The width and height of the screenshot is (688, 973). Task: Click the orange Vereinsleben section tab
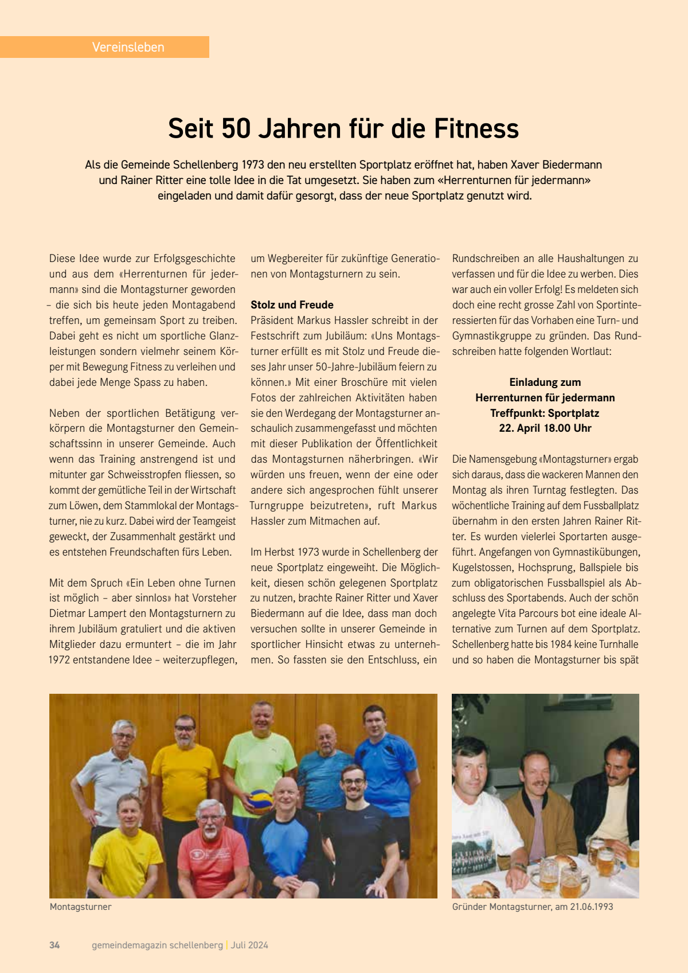[x=128, y=47]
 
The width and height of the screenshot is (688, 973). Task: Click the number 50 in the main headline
[x=236, y=128]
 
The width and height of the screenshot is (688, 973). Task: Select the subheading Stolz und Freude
[x=292, y=305]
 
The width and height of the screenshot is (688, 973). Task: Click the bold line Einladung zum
[x=545, y=382]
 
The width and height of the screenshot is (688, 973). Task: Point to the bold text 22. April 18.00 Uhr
[x=545, y=428]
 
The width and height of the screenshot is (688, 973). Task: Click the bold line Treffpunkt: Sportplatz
[x=545, y=413]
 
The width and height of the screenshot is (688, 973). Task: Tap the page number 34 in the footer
[x=54, y=945]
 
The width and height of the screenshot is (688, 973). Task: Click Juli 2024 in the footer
[x=249, y=945]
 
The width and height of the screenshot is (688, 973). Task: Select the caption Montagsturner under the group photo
[x=80, y=906]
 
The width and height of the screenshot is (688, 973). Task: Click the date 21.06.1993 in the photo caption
[x=591, y=906]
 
